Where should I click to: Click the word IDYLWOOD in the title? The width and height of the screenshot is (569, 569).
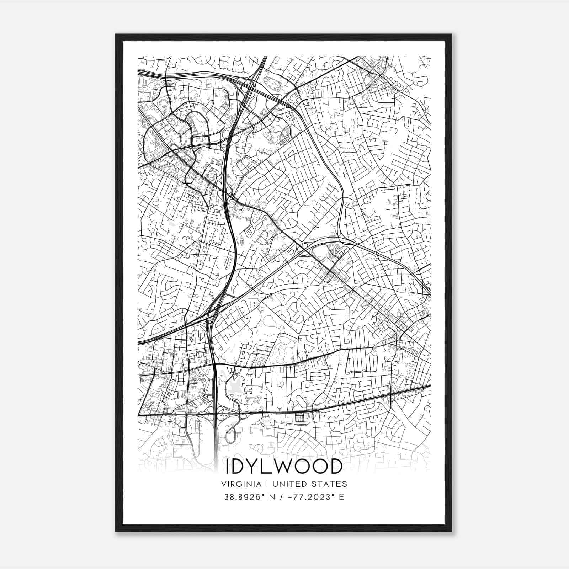(284, 467)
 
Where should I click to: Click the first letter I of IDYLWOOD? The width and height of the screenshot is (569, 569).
(228, 467)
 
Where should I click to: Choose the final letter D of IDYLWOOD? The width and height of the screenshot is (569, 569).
(335, 467)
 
